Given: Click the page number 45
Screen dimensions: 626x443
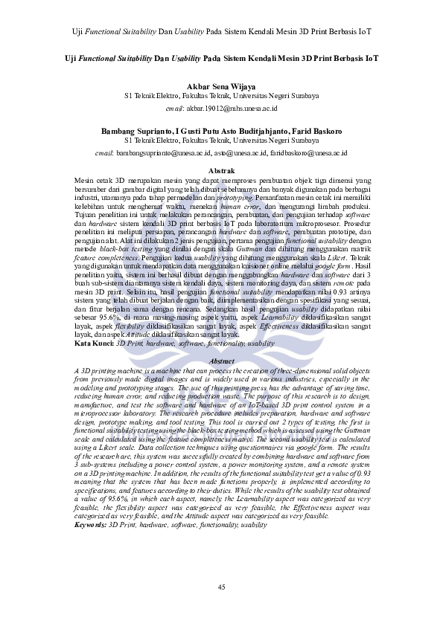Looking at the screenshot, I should click(x=221, y=589).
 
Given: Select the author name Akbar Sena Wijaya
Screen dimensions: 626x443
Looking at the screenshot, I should click(x=221, y=85).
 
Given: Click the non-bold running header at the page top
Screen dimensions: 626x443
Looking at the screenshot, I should click(x=221, y=32).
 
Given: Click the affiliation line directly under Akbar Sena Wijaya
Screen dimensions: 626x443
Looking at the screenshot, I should click(x=221, y=96).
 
